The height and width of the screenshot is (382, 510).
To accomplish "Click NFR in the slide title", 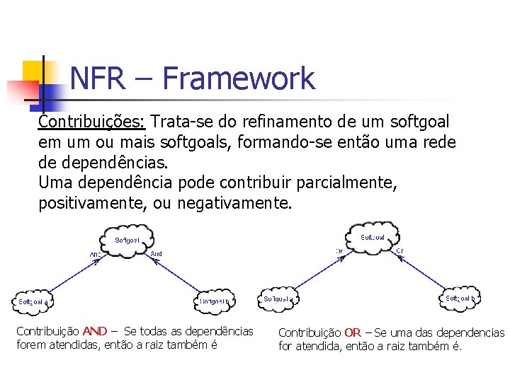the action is click(98, 78).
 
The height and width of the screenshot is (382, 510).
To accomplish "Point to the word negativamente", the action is click(234, 204).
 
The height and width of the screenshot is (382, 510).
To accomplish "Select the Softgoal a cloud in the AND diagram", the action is click(33, 301).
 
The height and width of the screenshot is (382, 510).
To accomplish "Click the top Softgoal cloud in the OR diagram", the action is click(373, 237).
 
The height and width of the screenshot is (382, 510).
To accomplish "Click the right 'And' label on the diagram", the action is click(157, 253).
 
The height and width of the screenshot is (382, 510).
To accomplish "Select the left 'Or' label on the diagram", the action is click(339, 250).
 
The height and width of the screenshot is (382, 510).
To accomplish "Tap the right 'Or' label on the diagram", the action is click(400, 250).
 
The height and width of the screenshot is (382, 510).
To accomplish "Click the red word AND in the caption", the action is click(94, 331).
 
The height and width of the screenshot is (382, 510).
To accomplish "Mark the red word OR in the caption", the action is click(353, 332).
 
